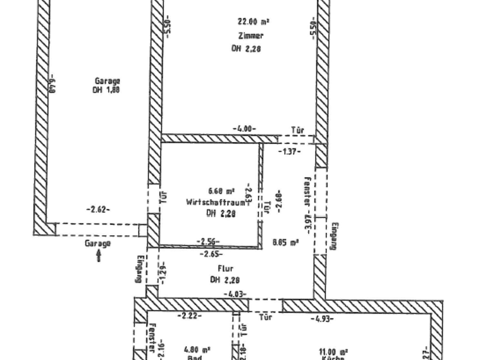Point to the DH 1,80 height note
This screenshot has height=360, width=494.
click(106, 90)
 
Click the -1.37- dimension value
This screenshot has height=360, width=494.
click(289, 152)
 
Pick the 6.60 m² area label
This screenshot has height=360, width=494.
click(221, 191)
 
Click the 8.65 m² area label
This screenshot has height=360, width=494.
click(286, 242)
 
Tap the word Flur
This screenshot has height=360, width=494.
click(225, 269)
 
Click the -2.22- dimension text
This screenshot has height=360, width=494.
click(188, 315)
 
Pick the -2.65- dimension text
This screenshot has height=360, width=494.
click(210, 254)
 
